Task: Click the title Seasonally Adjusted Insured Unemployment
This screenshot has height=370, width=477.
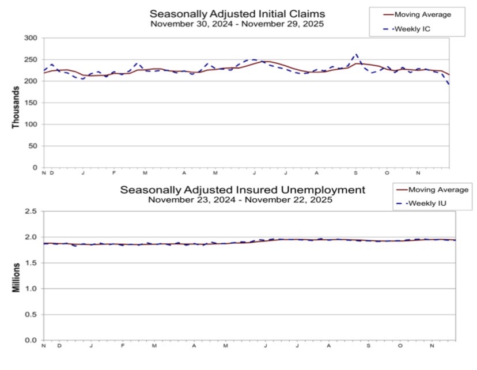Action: click(x=242, y=190)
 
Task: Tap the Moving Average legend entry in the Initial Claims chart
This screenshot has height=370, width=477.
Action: click(x=418, y=14)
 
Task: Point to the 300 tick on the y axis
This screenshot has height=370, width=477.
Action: click(x=31, y=38)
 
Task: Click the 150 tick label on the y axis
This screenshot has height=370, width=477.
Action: click(x=31, y=103)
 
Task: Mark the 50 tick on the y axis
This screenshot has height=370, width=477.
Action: click(x=33, y=146)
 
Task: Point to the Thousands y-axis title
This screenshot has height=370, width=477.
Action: click(x=16, y=104)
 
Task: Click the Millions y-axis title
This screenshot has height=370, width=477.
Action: click(x=16, y=277)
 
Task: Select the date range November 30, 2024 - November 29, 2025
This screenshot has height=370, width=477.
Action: click(x=237, y=24)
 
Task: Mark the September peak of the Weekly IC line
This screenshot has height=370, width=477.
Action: click(x=357, y=54)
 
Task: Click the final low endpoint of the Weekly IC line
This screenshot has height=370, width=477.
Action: click(x=449, y=85)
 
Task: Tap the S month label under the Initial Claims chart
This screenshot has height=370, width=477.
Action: click(x=355, y=173)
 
